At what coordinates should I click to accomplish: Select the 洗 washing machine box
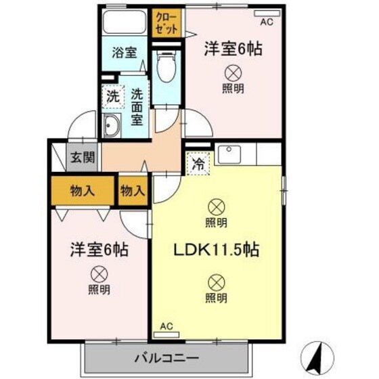coord(113,96)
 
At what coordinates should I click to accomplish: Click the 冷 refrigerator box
coord(198,163)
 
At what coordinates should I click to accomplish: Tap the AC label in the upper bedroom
coord(265,22)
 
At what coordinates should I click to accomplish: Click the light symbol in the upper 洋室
coord(233,72)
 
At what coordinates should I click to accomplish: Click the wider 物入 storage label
coord(83,192)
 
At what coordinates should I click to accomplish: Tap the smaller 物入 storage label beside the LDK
coord(133,192)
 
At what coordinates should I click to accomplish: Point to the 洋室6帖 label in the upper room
coord(233,49)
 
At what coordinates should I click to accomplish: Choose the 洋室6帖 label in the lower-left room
coord(99,248)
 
